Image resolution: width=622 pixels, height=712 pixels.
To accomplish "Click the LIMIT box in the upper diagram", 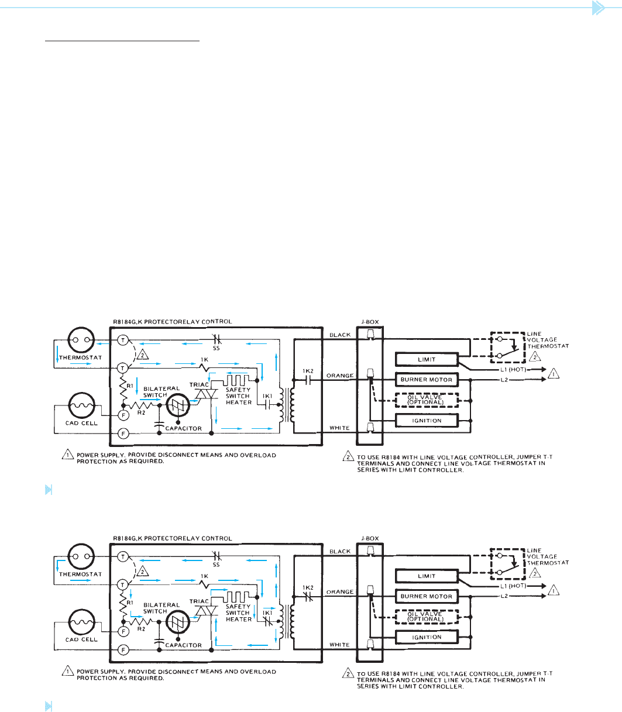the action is tap(427, 359).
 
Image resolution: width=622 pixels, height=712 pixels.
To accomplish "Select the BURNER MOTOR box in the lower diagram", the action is tap(427, 597).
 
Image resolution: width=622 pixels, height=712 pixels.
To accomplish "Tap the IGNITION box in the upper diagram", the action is tap(427, 421).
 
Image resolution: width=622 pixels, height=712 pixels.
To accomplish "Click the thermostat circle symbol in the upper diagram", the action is tap(81, 340).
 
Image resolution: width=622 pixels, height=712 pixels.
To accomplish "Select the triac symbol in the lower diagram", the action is tap(207, 611).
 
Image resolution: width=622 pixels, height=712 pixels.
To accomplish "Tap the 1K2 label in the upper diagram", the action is tap(308, 371).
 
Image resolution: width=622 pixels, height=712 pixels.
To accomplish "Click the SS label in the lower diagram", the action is tap(216, 565).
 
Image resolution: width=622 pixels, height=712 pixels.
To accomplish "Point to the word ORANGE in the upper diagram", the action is tap(340, 376).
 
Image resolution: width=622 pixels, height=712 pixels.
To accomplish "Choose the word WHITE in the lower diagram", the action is tap(339, 645).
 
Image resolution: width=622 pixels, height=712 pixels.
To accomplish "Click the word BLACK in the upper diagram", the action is tap(340, 335).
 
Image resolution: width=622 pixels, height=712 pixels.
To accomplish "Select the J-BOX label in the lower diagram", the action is tap(370, 538).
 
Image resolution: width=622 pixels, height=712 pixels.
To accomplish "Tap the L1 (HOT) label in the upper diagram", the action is tap(513, 370).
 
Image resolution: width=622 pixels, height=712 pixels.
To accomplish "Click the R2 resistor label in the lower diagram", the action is tap(141, 629).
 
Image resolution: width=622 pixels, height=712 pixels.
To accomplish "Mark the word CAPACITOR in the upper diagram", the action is tap(183, 428).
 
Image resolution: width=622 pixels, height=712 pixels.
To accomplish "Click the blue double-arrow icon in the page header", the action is tap(599, 8).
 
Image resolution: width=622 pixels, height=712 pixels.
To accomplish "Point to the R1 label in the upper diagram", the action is tap(130, 386).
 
